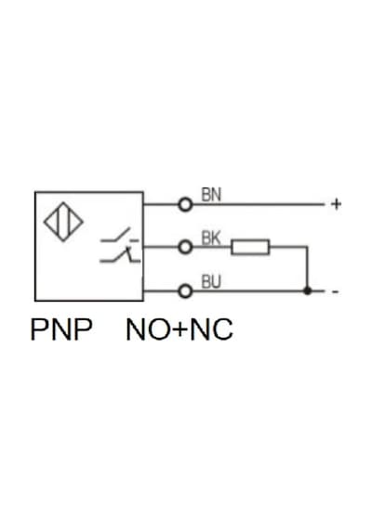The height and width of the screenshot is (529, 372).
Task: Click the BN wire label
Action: point(211,195)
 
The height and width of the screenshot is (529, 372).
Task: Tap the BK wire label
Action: point(211,239)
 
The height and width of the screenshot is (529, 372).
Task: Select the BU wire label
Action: point(211,282)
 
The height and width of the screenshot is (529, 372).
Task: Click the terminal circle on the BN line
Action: point(185,204)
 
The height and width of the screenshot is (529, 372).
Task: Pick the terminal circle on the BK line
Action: point(185,247)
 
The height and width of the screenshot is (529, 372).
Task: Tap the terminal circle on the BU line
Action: point(185,291)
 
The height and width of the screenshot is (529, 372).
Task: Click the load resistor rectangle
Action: point(250,247)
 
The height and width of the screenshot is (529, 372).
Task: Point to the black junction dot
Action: point(307,290)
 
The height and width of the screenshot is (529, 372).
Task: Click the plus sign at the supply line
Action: point(336,204)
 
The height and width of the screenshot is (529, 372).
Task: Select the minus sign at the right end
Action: point(335,291)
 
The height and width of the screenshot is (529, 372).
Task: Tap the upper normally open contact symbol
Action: point(120,236)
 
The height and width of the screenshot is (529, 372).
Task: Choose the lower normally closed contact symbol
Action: point(120,255)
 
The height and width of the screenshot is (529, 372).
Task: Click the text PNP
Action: point(61,329)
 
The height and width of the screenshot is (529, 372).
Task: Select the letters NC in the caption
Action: point(211,329)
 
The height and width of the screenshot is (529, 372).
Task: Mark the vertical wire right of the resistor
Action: point(307,268)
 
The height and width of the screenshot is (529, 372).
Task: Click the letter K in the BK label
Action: point(216,239)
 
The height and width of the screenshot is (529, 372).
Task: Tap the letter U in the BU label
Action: point(216,282)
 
